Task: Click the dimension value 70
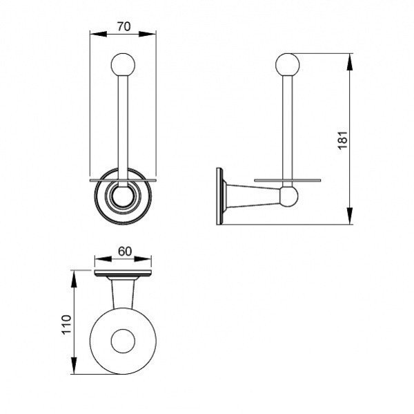(x=124, y=26)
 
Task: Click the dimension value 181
(x=342, y=140)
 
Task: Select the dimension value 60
(x=125, y=252)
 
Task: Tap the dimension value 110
(x=66, y=325)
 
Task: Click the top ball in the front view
(x=123, y=65)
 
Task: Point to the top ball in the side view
(x=288, y=65)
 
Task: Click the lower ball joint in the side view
(x=288, y=196)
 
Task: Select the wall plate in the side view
(x=219, y=196)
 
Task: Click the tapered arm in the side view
(x=253, y=196)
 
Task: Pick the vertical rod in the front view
(x=123, y=130)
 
